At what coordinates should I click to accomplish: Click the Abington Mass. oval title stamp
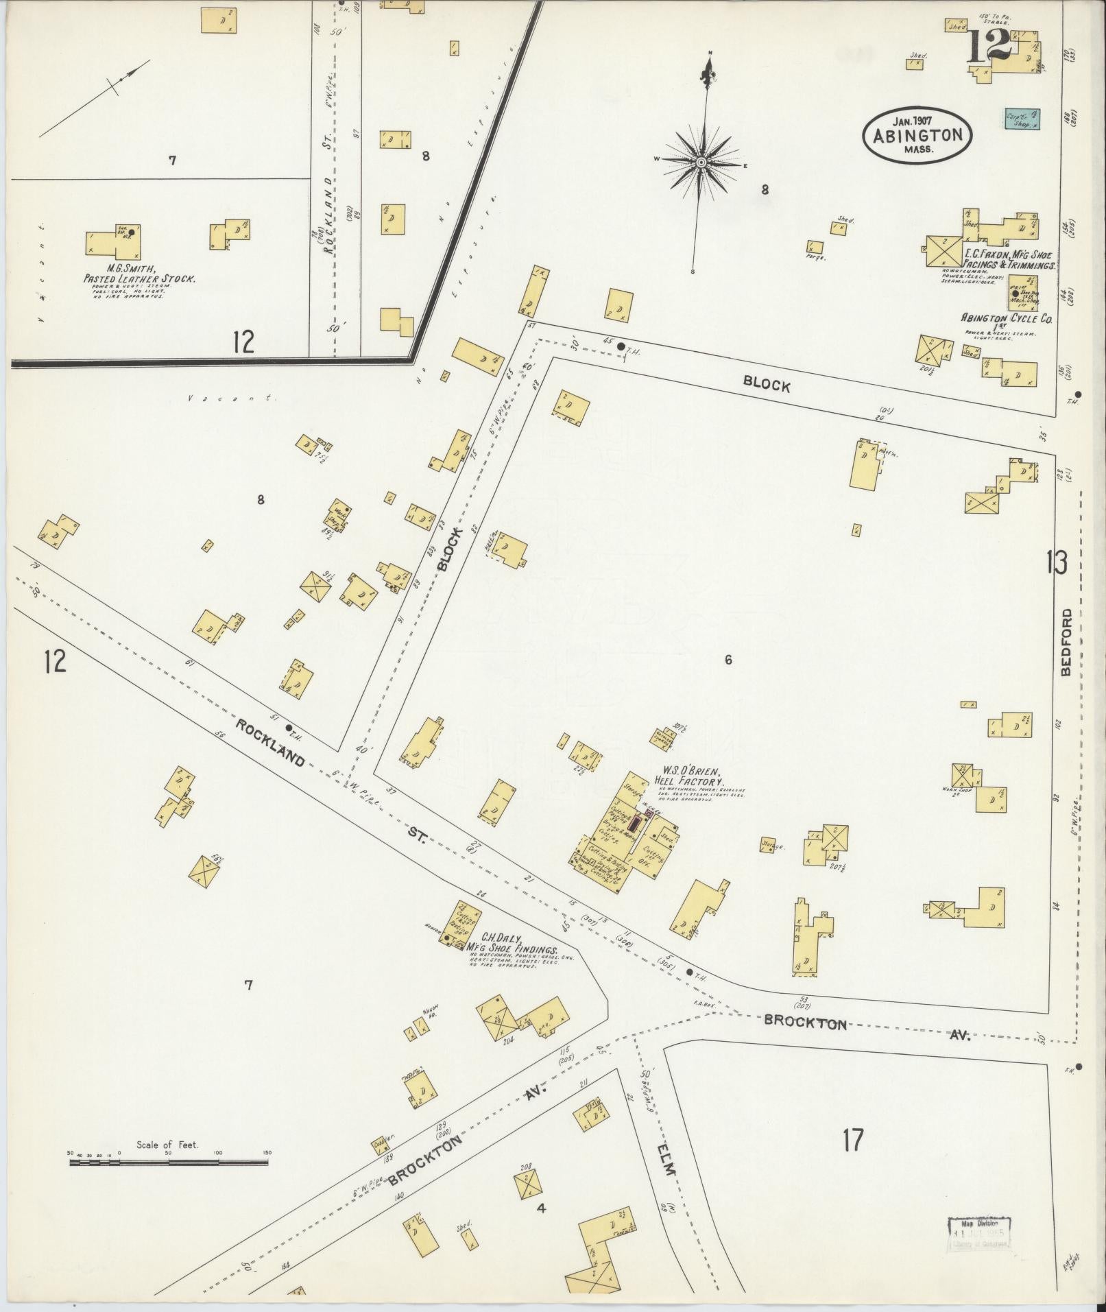[x=917, y=136]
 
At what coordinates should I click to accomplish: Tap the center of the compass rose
[x=701, y=163]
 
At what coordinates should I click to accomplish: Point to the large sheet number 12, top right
[x=991, y=46]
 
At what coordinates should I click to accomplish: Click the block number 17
[x=853, y=1140]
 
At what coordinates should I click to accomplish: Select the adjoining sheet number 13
[x=1056, y=563]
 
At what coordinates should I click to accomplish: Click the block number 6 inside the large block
[x=728, y=660]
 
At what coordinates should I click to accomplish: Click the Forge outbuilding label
[x=816, y=258]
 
